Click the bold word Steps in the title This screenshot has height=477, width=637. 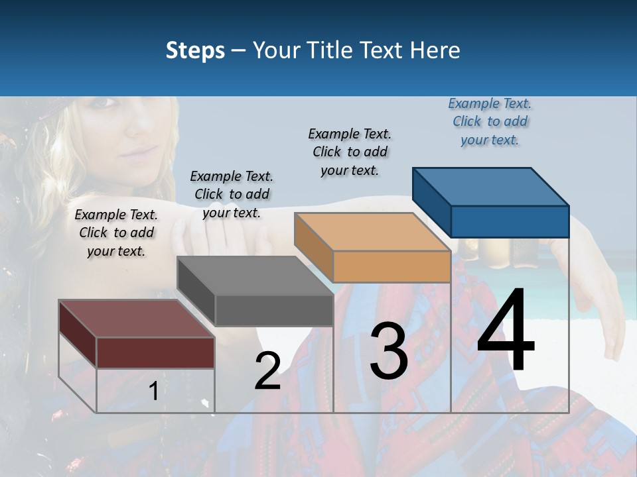click(195, 50)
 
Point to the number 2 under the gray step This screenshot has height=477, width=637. click(268, 371)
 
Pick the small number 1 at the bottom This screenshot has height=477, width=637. click(153, 392)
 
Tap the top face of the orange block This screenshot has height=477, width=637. click(372, 232)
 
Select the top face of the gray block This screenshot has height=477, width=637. click(255, 276)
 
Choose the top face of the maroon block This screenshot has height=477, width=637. click(136, 319)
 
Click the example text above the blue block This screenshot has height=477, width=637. click(490, 122)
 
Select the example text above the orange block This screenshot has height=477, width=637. click(350, 152)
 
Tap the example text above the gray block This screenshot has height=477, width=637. click(232, 194)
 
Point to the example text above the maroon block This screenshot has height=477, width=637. click(116, 233)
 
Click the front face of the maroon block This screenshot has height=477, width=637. click(155, 352)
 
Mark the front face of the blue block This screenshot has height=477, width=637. click(510, 221)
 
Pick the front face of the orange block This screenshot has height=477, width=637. click(391, 267)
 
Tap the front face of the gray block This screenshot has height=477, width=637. click(273, 311)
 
